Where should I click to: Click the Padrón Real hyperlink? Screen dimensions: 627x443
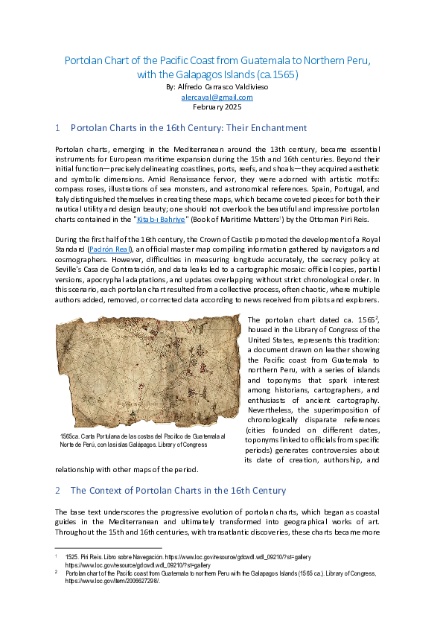112,248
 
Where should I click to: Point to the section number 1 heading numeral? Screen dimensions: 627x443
57,128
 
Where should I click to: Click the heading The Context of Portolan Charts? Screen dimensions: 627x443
178,491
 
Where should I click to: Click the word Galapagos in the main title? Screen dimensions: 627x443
199,74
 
